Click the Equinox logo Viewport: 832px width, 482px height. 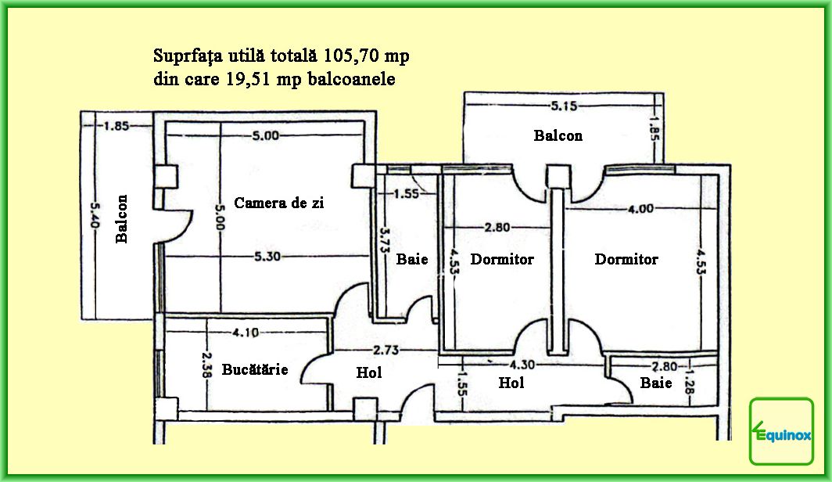(x=781, y=432)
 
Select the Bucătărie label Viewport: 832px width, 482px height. (x=255, y=369)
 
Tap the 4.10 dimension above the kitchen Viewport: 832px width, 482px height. (x=246, y=332)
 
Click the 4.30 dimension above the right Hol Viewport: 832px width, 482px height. (x=522, y=365)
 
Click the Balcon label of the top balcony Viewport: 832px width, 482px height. (x=558, y=135)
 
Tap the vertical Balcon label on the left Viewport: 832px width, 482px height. (x=122, y=218)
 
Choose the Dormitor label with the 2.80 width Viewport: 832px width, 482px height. (x=502, y=259)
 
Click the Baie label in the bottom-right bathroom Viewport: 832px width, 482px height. (x=655, y=383)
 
